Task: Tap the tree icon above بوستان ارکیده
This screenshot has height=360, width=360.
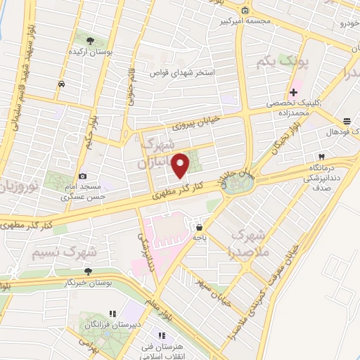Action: pyautogui.click(x=89, y=40)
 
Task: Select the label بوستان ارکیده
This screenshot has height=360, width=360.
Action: pyautogui.click(x=89, y=52)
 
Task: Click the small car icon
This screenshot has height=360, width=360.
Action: pyautogui.click(x=61, y=83)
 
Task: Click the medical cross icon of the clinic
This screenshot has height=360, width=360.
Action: pyautogui.click(x=293, y=92)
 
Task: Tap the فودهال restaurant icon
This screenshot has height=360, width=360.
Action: pyautogui.click(x=347, y=121)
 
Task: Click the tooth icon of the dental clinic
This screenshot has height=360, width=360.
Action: pyautogui.click(x=322, y=156)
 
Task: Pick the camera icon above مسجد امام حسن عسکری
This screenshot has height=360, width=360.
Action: pyautogui.click(x=83, y=176)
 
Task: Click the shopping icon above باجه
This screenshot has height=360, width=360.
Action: pyautogui.click(x=200, y=227)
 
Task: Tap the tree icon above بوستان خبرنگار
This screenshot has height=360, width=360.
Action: pyautogui.click(x=87, y=271)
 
